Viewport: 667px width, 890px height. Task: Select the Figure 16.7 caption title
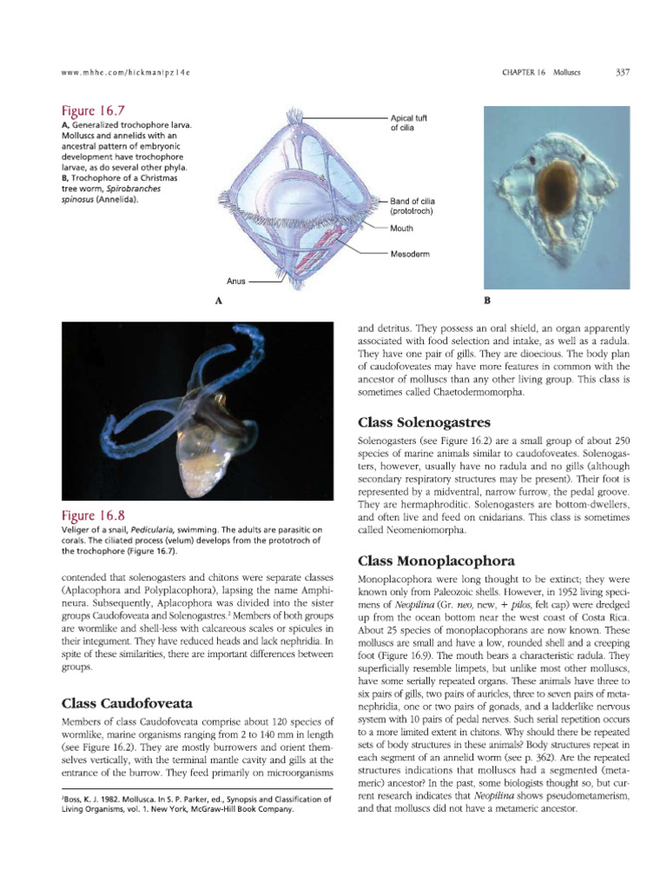click(92, 110)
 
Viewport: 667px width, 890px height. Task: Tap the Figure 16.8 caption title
click(92, 515)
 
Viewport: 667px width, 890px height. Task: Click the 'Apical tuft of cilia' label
click(409, 123)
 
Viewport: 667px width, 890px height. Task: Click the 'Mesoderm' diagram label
click(411, 254)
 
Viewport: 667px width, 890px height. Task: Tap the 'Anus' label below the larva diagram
click(237, 282)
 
